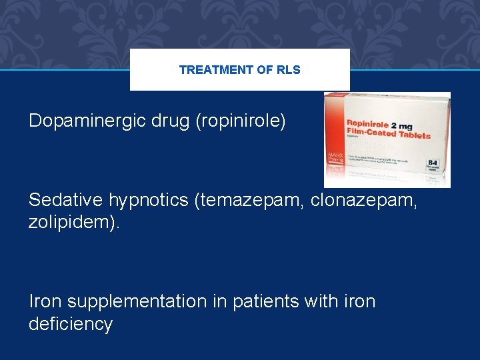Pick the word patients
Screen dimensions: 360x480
pyautogui.click(x=263, y=301)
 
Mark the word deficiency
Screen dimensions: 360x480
pyautogui.click(x=71, y=324)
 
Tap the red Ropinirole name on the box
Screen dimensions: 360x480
pyautogui.click(x=367, y=125)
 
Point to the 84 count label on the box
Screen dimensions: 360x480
pyautogui.click(x=433, y=163)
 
